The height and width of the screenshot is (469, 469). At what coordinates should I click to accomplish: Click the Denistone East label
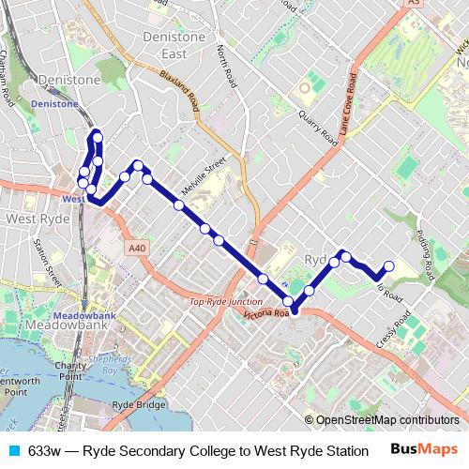(174, 44)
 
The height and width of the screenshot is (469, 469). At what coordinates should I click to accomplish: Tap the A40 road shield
(138, 248)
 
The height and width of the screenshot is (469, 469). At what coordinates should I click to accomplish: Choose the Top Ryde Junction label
(225, 302)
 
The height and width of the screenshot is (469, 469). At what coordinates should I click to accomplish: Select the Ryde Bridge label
(138, 404)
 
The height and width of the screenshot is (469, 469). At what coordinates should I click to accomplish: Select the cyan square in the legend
(11, 451)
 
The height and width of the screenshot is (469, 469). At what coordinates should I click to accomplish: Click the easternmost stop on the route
(389, 265)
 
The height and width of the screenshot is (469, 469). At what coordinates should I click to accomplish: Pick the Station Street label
(41, 263)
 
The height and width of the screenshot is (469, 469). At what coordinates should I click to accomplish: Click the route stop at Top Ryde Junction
(289, 302)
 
